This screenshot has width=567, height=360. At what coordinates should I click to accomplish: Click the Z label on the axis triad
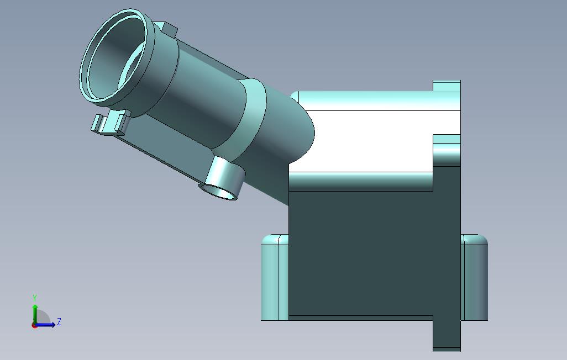59,321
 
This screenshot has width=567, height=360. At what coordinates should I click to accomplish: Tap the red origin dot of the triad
34,325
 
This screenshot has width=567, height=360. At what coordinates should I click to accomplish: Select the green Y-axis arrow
35,312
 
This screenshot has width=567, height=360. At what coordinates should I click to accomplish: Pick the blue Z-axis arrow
46,325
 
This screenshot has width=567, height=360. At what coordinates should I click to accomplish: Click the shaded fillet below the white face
359,181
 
